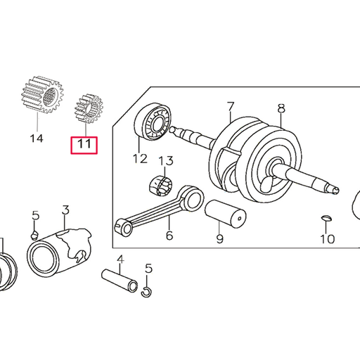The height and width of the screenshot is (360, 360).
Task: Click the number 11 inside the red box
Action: coord(84,146)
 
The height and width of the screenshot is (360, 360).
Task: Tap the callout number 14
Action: coord(36,138)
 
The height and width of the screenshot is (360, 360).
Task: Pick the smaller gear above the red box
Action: coord(89,110)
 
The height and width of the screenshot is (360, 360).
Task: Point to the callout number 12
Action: coord(139,159)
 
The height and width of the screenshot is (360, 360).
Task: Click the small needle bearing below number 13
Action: coord(162,186)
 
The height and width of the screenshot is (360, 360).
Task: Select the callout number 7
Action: coord(230,108)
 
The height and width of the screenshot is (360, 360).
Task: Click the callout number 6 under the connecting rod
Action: coord(169,236)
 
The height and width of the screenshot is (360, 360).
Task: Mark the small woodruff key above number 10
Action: coord(327,219)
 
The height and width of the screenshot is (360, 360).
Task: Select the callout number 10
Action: coord(328,239)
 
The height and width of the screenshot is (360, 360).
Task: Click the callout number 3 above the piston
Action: coord(65,210)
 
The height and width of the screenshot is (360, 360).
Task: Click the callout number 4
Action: coord(120,259)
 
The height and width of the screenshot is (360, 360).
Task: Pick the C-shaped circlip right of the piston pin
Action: coord(146,290)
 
